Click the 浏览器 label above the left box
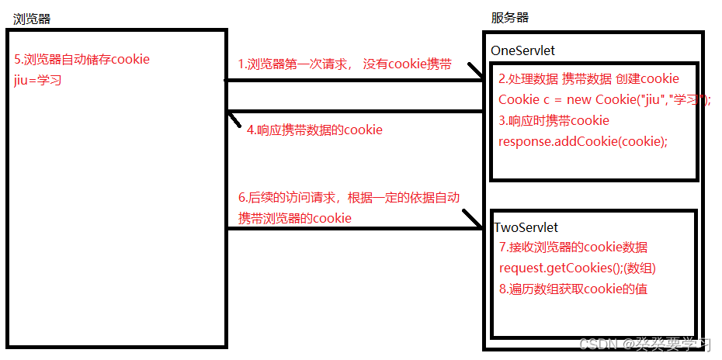pos(32,19)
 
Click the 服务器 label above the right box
pos(510,18)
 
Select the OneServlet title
pos(522,50)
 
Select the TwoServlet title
pos(526,227)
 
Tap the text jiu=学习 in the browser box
pos(37,78)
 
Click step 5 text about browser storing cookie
pos(82,59)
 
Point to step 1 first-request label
pos(345,64)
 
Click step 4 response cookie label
pos(314,130)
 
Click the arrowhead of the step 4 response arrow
pos(232,117)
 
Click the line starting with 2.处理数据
pos(588,78)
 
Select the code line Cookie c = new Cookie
pos(604,99)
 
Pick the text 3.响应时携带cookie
pos(554,120)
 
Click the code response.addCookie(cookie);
pos(582,140)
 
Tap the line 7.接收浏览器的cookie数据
pos(573,247)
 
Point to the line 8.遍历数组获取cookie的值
pos(573,289)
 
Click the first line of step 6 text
pos(349,197)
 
